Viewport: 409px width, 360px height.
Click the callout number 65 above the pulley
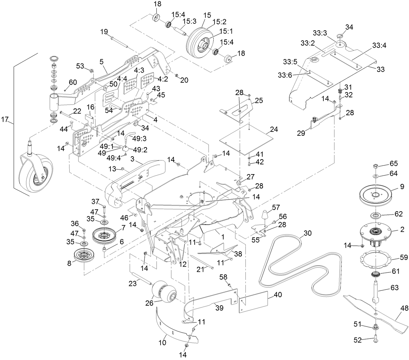[394, 163]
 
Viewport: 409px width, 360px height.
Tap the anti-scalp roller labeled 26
[164, 292]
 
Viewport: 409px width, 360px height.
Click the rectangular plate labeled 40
[254, 302]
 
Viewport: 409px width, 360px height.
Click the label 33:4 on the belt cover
[379, 46]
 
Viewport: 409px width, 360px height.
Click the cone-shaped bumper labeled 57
[266, 216]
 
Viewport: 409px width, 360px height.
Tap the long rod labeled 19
[120, 41]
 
